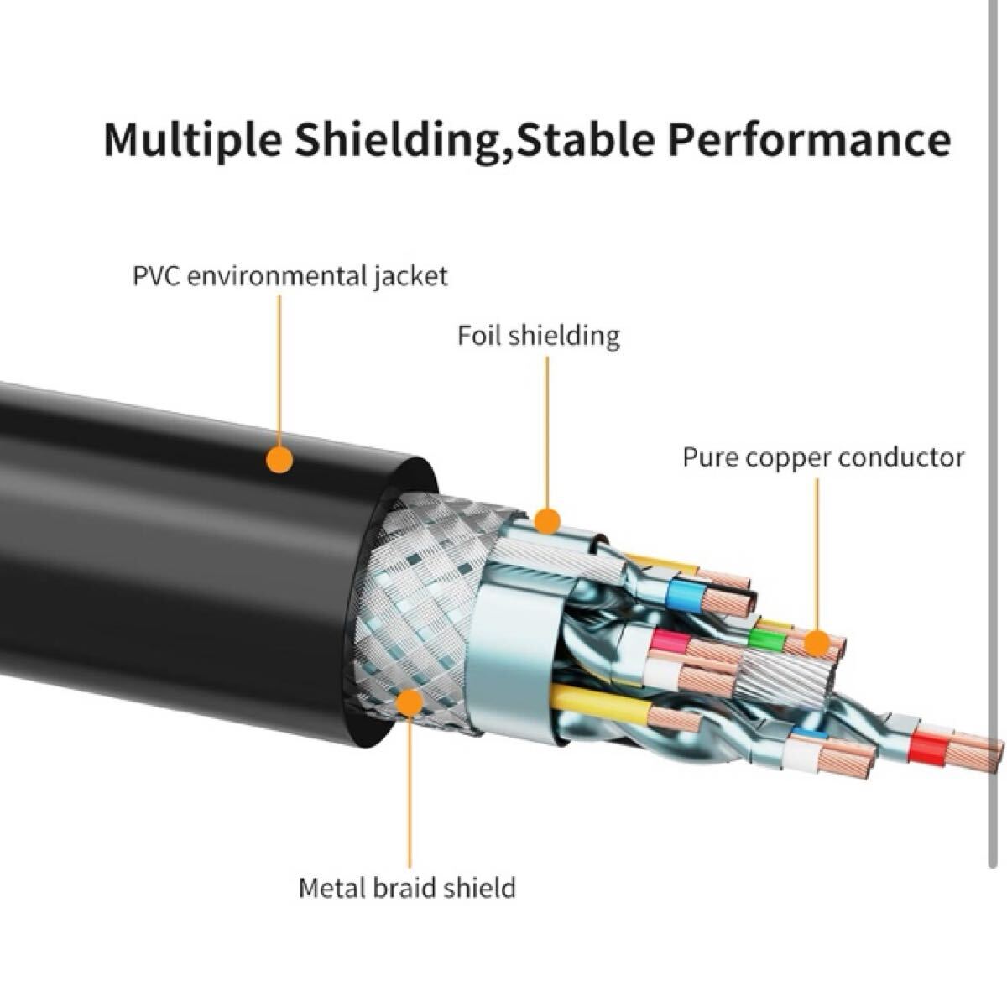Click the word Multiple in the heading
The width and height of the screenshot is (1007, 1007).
193,140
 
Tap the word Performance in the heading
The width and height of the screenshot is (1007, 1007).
810,140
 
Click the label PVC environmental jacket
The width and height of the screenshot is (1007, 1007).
290,276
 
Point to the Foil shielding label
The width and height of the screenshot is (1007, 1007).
539,336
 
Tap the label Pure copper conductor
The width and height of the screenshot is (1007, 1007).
823,458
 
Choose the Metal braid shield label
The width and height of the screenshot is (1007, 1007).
407,888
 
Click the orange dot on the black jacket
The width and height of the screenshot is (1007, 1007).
279,460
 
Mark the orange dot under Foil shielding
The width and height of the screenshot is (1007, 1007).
547,521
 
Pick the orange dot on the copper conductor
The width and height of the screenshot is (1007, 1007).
817,644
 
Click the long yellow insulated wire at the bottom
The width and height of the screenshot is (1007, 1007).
601,703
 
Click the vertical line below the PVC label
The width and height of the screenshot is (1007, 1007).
279,372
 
